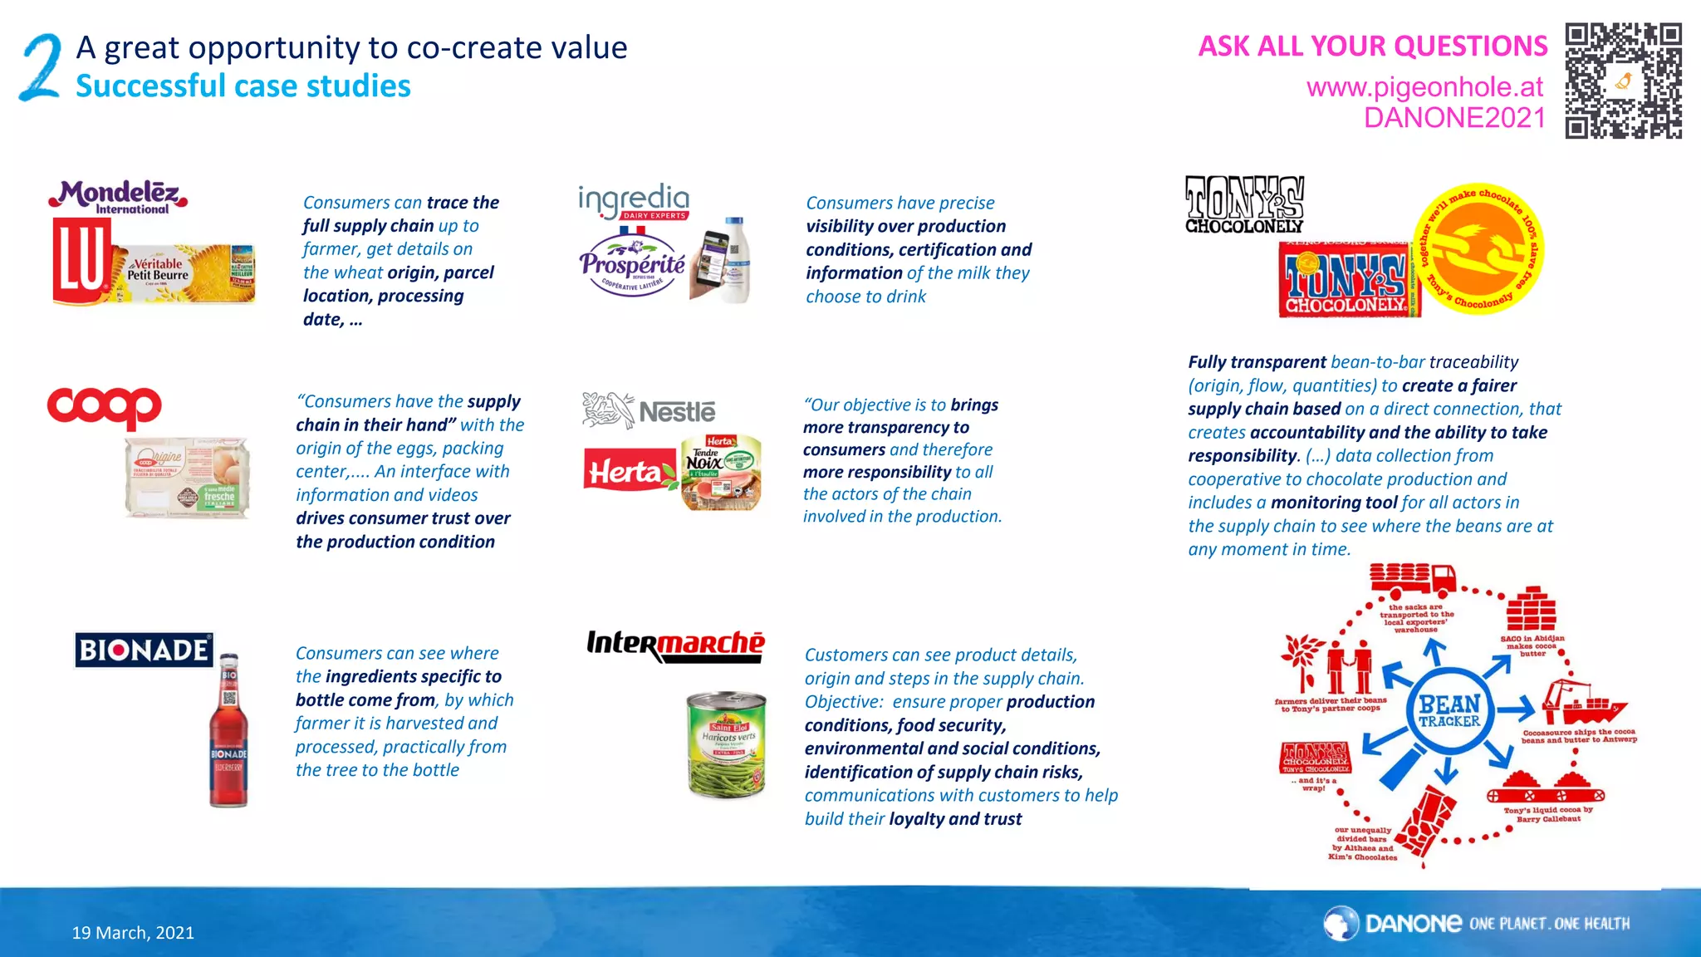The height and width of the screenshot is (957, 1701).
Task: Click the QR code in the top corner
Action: coord(1623,81)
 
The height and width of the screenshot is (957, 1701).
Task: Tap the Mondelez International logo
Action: coord(118,198)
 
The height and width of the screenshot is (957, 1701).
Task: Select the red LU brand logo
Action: coord(80,262)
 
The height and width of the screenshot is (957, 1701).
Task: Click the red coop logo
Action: coord(105,407)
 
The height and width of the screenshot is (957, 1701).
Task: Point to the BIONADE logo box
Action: coord(144,650)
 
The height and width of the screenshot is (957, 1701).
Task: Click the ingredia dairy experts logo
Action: coord(634,201)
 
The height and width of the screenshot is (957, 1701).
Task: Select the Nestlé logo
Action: coord(649,410)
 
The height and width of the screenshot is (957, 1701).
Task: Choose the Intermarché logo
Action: coord(675,645)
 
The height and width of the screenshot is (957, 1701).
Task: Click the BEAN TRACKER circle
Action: coord(1449,710)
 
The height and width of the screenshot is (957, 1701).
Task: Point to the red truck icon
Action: coord(1413,579)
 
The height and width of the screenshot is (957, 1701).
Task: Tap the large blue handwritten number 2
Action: coord(41,67)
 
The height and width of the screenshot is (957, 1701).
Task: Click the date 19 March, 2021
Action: coord(133,933)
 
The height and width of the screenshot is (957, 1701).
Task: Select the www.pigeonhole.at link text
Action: coord(1424,86)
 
